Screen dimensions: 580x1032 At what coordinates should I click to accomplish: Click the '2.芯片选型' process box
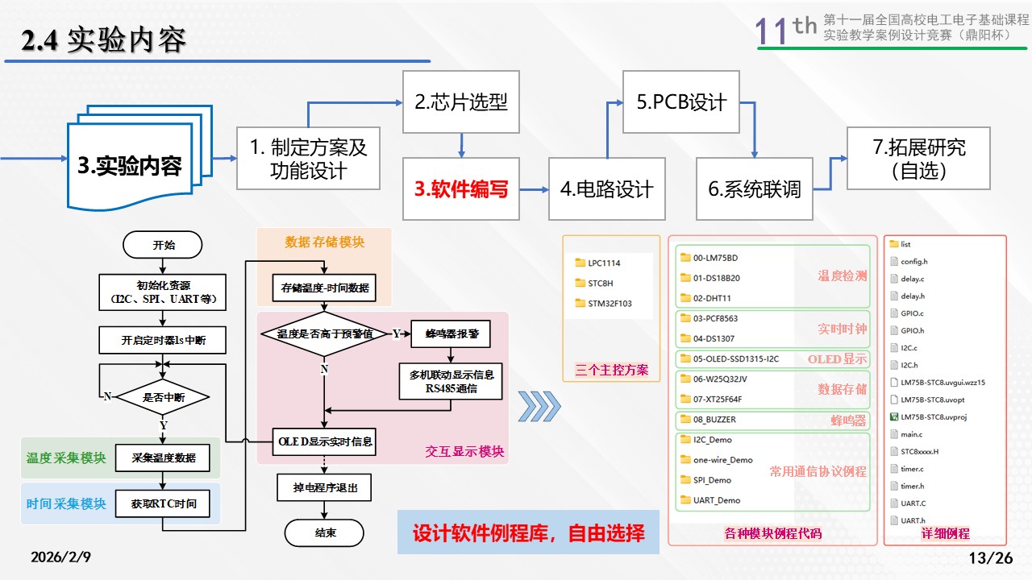point(461,102)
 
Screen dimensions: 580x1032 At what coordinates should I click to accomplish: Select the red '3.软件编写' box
point(461,189)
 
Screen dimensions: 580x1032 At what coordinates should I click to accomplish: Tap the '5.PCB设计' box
point(681,102)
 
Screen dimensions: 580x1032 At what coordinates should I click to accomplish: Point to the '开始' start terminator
point(163,245)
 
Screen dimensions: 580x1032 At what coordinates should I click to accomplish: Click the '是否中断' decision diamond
point(163,396)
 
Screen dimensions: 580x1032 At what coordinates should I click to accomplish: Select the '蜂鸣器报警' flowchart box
point(450,333)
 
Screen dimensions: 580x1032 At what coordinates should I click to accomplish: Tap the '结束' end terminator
point(325,532)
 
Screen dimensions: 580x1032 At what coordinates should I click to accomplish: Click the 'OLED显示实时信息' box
point(325,441)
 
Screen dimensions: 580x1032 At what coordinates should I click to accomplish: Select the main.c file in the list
point(911,434)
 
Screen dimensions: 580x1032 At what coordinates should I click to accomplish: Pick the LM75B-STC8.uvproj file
point(933,416)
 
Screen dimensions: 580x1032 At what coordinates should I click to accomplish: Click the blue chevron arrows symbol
point(538,406)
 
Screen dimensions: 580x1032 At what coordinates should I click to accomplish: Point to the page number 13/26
point(990,557)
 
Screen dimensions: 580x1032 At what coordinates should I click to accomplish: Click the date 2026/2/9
point(61,557)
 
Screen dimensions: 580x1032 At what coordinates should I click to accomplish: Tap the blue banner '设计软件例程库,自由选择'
point(528,532)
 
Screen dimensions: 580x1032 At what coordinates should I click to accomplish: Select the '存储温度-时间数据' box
point(324,287)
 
